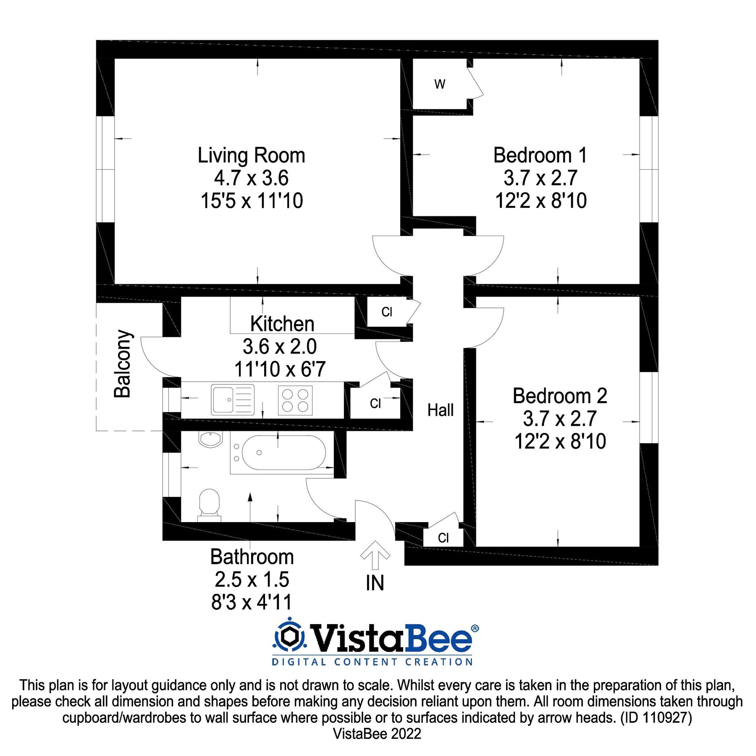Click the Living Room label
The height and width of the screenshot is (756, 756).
pyautogui.click(x=251, y=155)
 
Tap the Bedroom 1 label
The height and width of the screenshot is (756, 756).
pyautogui.click(x=540, y=155)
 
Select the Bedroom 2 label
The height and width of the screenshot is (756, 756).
pyautogui.click(x=560, y=396)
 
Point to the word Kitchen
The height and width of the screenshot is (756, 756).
pyautogui.click(x=282, y=324)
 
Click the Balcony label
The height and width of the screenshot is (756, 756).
pyautogui.click(x=123, y=364)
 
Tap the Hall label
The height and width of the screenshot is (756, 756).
pyautogui.click(x=440, y=410)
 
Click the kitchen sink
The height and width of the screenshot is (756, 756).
pyautogui.click(x=233, y=399)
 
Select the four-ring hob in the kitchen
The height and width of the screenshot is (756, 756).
pyautogui.click(x=295, y=400)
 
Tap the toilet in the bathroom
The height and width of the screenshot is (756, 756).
pyautogui.click(x=209, y=504)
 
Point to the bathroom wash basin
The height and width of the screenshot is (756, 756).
pyautogui.click(x=210, y=439)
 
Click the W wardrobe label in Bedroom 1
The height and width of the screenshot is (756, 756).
pyautogui.click(x=440, y=84)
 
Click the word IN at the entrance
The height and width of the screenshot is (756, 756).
pyautogui.click(x=375, y=583)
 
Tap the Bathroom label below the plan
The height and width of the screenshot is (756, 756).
pyautogui.click(x=252, y=557)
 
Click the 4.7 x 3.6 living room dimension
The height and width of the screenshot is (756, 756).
pyautogui.click(x=251, y=178)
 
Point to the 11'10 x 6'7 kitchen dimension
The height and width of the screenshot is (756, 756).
pyautogui.click(x=280, y=369)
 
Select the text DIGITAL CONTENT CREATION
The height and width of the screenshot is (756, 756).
pyautogui.click(x=372, y=662)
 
